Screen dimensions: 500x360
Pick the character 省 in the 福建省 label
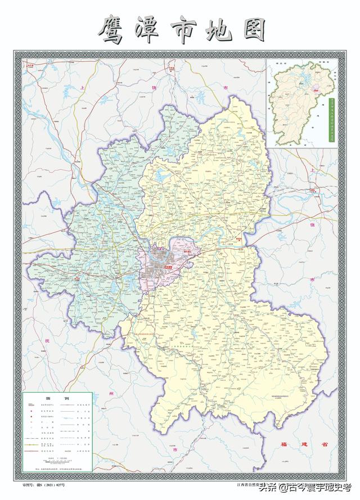point(324,444)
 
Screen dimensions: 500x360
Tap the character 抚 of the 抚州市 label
point(48,341)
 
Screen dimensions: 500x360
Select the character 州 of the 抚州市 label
point(111,393)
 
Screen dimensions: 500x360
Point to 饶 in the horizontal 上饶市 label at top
point(154,88)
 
